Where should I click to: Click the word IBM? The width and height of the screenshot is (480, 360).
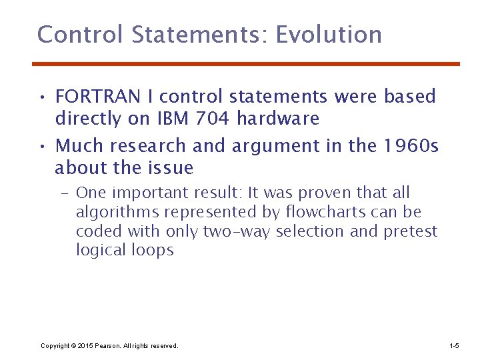[x=172, y=119]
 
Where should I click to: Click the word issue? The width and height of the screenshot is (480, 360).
[x=169, y=168]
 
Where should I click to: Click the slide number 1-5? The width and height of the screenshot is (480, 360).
[x=454, y=346]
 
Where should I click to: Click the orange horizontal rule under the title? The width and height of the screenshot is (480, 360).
[x=246, y=64]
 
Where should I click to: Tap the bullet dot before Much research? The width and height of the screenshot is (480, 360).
[x=41, y=146]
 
